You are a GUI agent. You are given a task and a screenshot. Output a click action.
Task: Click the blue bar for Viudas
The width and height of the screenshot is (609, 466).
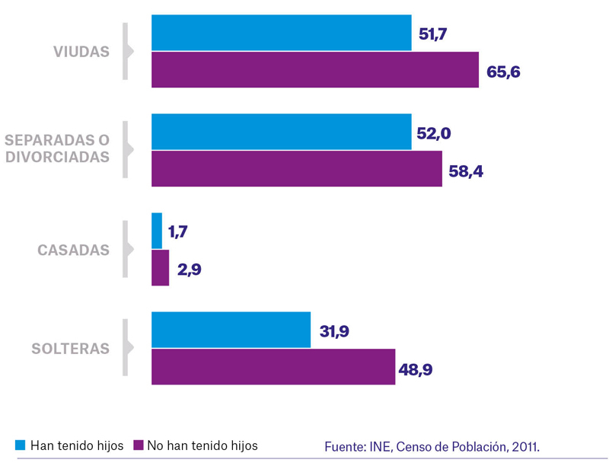[x=282, y=33]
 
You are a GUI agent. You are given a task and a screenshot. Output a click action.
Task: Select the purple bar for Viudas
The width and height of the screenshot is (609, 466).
[x=315, y=70]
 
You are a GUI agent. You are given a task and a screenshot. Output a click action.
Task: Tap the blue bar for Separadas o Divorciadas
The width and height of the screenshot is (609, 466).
[x=282, y=132]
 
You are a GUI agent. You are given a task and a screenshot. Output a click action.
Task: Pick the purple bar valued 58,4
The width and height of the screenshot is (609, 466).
[x=297, y=169]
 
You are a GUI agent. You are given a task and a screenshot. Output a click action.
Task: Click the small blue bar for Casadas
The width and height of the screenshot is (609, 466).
[x=157, y=231]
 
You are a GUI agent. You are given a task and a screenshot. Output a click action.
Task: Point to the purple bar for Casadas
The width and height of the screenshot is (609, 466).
[x=161, y=268]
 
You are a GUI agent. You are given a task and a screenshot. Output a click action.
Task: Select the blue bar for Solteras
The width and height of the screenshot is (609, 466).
[x=231, y=330]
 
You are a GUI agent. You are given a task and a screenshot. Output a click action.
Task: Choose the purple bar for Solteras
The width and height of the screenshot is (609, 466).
[x=273, y=367]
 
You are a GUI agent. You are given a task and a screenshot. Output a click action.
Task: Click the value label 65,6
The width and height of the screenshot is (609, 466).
[x=503, y=72]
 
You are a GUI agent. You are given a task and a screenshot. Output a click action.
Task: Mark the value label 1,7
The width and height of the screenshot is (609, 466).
[x=178, y=232]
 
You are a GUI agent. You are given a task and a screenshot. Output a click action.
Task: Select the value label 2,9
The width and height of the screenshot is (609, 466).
[x=190, y=270]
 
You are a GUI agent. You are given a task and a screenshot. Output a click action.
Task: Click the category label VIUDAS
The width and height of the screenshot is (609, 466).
[x=81, y=52]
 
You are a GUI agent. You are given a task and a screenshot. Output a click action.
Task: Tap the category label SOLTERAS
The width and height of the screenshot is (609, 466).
[x=71, y=349]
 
